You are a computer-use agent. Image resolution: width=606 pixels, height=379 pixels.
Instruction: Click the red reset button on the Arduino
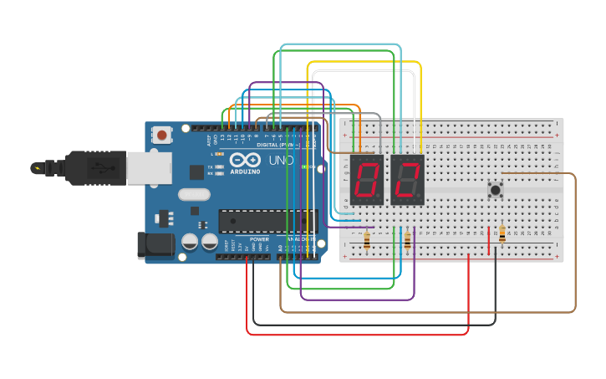coord(162,134)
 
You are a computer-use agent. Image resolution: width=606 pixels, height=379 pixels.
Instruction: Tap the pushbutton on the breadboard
coord(496,190)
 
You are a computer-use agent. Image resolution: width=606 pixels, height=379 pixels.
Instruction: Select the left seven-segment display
coord(366,180)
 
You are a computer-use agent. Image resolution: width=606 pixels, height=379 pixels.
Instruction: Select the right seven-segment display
coord(407,180)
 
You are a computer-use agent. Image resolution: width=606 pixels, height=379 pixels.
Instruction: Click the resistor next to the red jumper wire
coord(502,235)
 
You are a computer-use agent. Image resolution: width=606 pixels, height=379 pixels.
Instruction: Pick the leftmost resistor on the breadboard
coord(367,241)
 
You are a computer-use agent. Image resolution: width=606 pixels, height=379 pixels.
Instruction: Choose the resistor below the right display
coord(407,241)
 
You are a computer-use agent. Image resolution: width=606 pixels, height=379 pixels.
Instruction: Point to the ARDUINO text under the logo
coord(246,172)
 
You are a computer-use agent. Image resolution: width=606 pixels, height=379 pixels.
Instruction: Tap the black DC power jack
coord(155,245)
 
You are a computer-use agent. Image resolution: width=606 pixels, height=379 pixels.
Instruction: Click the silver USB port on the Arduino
coord(149,166)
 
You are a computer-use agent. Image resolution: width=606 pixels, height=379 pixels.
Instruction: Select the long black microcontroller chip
coord(267,221)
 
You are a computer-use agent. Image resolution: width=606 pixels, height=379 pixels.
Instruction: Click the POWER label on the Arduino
coord(259,239)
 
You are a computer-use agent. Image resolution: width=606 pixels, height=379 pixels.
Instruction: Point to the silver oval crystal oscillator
coord(194,195)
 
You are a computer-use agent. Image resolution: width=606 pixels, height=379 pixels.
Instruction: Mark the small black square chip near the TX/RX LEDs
coord(196,172)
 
